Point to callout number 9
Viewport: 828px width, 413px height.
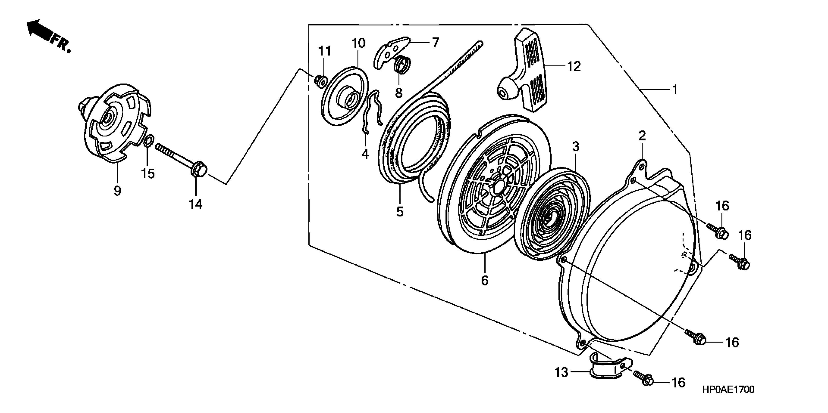pos(117,191)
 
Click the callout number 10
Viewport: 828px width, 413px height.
pos(358,43)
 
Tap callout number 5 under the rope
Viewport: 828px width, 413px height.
pos(400,212)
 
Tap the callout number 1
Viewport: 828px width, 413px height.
pos(675,90)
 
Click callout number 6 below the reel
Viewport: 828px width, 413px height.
pos(485,280)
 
